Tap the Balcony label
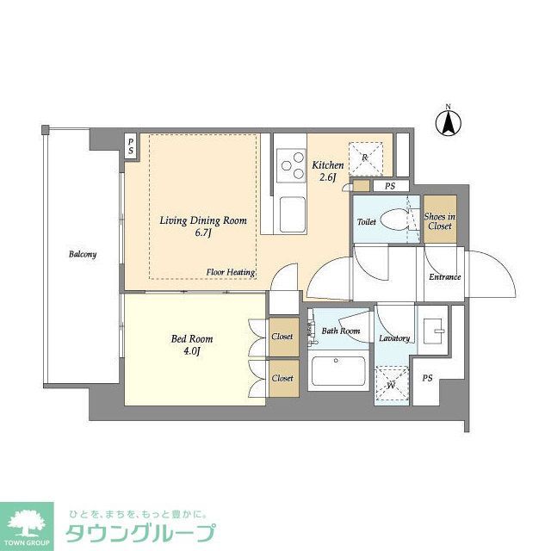(84, 255)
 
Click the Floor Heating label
(231, 273)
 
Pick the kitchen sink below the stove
(291, 212)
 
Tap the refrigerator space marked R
(366, 158)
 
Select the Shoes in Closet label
(439, 221)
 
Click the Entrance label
(445, 277)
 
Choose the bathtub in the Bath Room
(338, 372)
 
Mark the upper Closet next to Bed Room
(282, 337)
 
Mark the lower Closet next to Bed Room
(282, 378)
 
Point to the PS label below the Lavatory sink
(427, 379)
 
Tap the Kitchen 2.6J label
(328, 170)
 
